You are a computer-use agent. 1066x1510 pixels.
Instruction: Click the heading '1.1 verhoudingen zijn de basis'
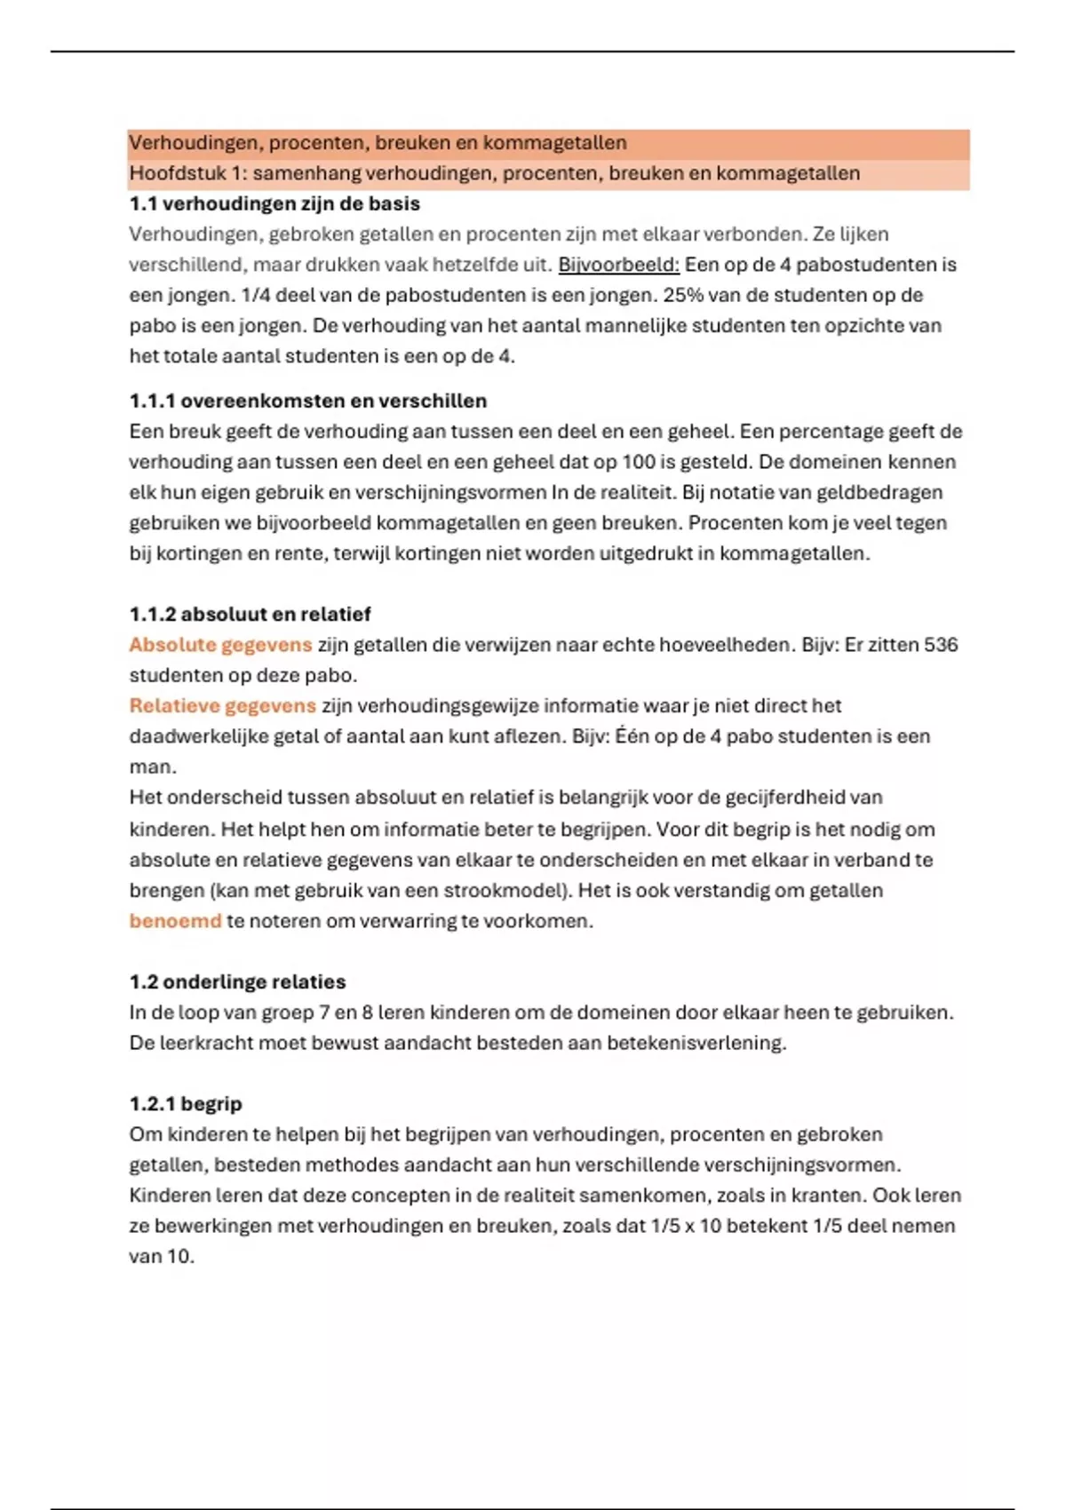(x=274, y=203)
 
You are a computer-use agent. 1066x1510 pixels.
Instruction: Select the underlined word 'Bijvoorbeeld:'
(x=618, y=265)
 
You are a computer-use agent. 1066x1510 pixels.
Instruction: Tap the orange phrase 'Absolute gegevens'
(x=220, y=645)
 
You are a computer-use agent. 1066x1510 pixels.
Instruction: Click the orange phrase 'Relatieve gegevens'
(x=222, y=706)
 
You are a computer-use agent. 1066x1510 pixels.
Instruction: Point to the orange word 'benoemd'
(x=175, y=921)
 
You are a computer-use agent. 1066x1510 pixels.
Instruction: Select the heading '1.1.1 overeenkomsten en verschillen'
(x=307, y=401)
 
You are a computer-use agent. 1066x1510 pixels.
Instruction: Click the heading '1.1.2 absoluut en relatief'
(x=250, y=614)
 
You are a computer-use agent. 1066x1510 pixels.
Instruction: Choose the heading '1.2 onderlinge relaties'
(x=237, y=981)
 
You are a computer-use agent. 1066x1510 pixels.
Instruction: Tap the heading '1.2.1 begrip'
(x=185, y=1103)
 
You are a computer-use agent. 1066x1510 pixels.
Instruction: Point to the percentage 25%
(x=683, y=295)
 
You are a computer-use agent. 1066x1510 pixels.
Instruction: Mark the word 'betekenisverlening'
(x=696, y=1043)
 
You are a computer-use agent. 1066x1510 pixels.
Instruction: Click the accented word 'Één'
(x=632, y=736)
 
